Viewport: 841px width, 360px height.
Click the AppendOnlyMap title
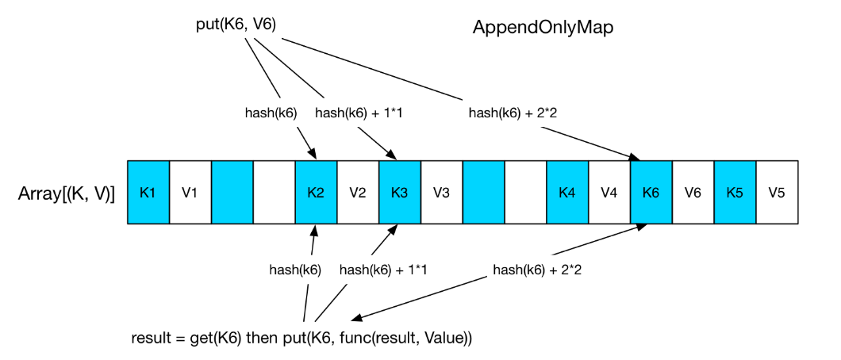click(x=543, y=27)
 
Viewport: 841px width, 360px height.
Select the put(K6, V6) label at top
click(x=236, y=25)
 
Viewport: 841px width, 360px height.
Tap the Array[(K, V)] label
click(x=66, y=193)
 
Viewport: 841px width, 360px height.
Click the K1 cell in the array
click(x=148, y=193)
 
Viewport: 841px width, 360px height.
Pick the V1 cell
click(x=190, y=193)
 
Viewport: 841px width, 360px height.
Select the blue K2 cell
click(x=316, y=193)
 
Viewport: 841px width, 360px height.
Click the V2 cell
click(x=358, y=193)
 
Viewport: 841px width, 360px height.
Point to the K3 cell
click(x=400, y=193)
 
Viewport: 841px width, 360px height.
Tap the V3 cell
click(x=442, y=193)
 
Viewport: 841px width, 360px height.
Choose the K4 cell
click(x=567, y=193)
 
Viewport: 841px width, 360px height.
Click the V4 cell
click(x=609, y=193)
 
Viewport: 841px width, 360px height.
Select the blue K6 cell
click(x=651, y=193)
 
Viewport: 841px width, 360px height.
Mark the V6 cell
click(x=693, y=193)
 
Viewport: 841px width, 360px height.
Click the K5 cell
click(x=735, y=193)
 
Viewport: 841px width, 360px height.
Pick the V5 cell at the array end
click(x=778, y=193)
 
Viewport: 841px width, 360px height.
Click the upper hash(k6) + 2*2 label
click(x=513, y=113)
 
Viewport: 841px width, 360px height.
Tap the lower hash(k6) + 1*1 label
click(x=383, y=270)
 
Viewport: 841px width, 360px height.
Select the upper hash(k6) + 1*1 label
click(x=359, y=113)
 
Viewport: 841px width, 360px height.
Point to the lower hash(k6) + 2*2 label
click(x=537, y=270)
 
